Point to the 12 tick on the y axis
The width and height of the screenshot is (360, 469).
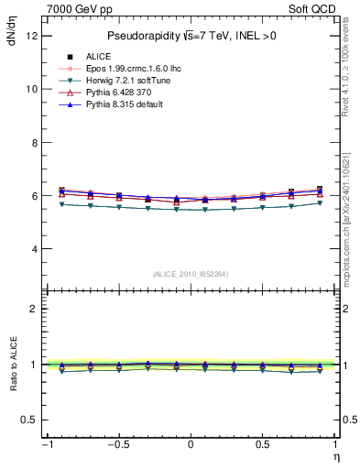click(31, 36)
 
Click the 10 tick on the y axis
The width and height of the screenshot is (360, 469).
click(31, 89)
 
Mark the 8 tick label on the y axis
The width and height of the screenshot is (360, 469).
click(33, 143)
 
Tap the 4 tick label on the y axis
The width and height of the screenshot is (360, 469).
click(33, 249)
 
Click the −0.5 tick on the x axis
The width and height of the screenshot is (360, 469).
click(117, 445)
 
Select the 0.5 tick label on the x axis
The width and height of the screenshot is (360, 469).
click(263, 445)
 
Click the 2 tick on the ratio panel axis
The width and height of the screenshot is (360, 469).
click(33, 309)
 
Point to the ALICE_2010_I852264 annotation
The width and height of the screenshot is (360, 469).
click(190, 274)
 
